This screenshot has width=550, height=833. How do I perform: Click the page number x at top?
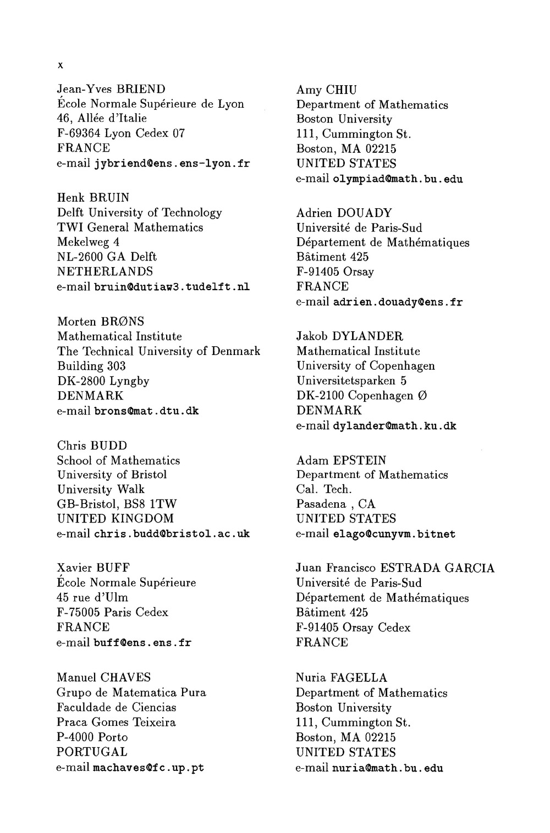pyautogui.click(x=61, y=65)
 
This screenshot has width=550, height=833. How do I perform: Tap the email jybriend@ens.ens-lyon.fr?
pyautogui.click(x=172, y=163)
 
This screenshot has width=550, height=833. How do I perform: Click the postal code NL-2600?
pyautogui.click(x=79, y=257)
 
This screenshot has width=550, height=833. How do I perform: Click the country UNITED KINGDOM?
pyautogui.click(x=116, y=519)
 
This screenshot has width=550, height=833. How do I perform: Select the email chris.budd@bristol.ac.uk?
pyautogui.click(x=172, y=534)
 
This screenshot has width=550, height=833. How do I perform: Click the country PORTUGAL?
pyautogui.click(x=92, y=752)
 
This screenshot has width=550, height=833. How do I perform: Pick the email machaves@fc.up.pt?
pyautogui.click(x=149, y=768)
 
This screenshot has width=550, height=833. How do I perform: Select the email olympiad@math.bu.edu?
pyautogui.click(x=398, y=179)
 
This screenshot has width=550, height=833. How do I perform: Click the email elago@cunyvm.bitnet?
pyautogui.click(x=394, y=534)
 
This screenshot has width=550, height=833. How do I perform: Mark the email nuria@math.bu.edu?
pyautogui.click(x=388, y=768)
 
